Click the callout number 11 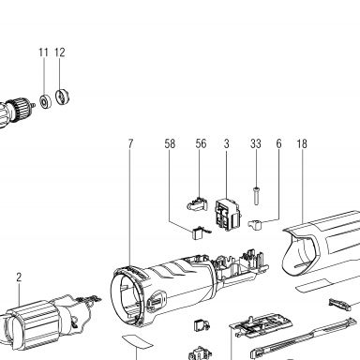coord(43,52)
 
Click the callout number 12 coord(60,52)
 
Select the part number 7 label coord(130,143)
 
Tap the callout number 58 coord(170,143)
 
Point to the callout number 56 coord(201,143)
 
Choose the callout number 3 coord(227,143)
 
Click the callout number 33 coord(256,143)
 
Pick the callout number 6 coord(278,143)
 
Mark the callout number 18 coord(302,143)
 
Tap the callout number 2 coord(19,277)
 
